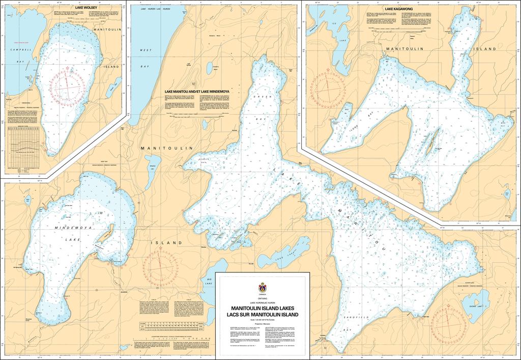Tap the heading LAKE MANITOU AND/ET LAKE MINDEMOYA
click(197, 92)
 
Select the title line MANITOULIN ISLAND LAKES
click(263, 309)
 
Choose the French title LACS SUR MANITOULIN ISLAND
click(263, 315)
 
